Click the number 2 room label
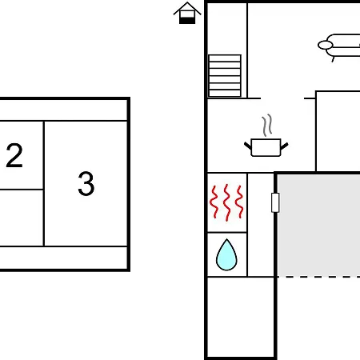point(14,155)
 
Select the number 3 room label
point(86,183)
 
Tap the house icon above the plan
point(187,13)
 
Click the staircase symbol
point(225,76)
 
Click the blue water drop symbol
point(226,255)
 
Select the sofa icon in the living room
point(339,47)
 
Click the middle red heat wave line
point(227,202)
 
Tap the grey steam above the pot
point(267,125)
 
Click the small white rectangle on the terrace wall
point(275,202)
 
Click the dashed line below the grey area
point(318,277)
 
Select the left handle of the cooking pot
point(248,146)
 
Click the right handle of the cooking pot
point(285,146)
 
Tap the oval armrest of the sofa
point(326,45)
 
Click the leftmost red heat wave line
point(214,202)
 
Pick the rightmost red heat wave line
point(239,202)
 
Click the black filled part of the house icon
point(187,21)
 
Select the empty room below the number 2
point(22,218)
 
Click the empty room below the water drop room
point(241,318)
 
